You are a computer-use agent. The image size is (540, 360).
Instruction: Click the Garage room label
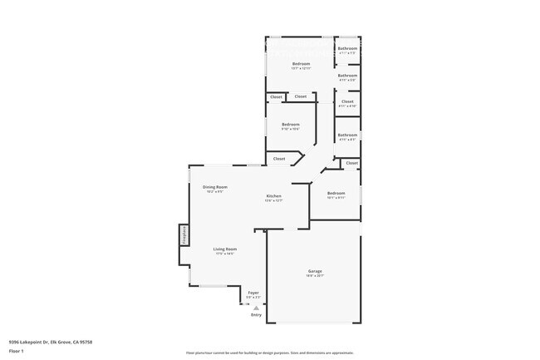click(315, 271)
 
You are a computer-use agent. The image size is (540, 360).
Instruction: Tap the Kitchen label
click(273, 195)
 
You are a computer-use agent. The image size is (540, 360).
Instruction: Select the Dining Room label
click(215, 187)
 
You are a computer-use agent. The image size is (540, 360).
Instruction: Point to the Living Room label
click(224, 249)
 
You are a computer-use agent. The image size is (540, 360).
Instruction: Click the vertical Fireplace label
click(184, 235)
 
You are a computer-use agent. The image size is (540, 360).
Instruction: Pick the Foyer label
click(253, 293)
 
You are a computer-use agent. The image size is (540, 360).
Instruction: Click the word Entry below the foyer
click(256, 314)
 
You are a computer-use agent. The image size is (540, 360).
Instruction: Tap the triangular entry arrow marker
click(256, 307)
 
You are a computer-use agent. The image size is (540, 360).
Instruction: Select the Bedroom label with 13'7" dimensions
click(301, 64)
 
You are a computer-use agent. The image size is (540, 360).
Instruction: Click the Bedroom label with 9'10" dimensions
click(290, 124)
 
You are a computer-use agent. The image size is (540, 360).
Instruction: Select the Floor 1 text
click(17, 352)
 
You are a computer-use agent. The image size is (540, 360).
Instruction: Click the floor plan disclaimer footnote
click(269, 353)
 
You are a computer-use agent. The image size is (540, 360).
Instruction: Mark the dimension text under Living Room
click(224, 254)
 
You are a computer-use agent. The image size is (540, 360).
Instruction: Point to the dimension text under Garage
click(315, 276)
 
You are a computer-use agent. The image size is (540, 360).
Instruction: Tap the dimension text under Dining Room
click(215, 192)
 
